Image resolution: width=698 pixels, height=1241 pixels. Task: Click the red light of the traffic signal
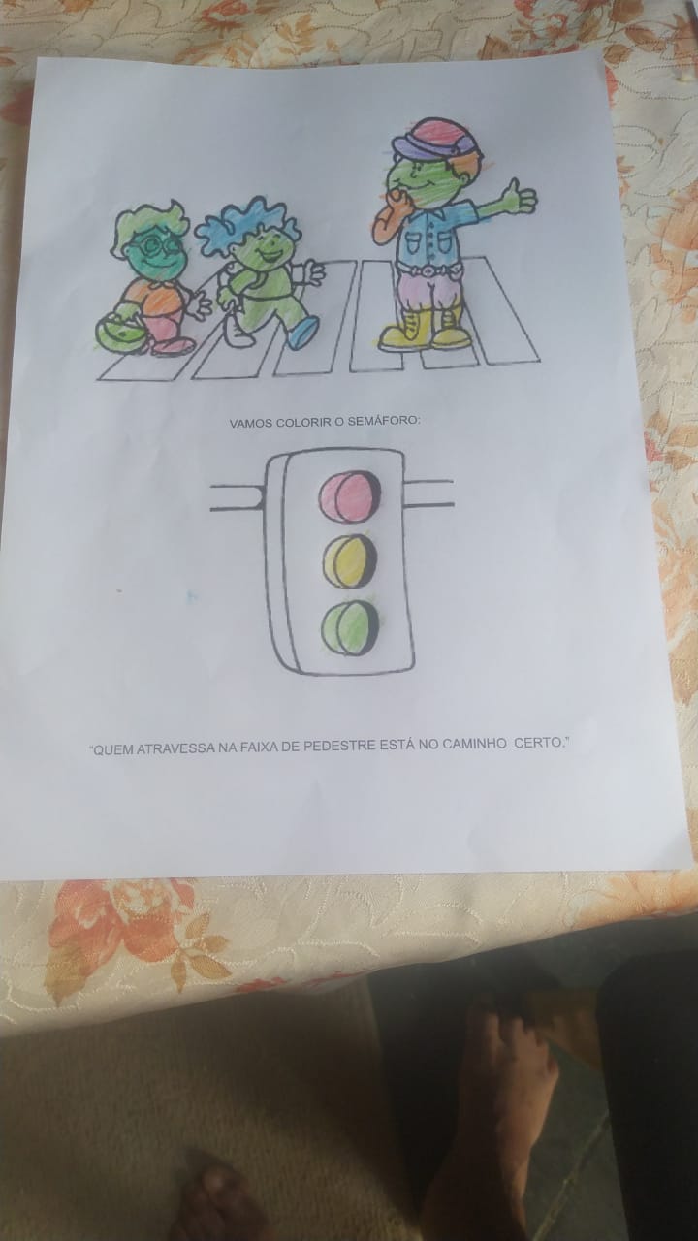click(350, 496)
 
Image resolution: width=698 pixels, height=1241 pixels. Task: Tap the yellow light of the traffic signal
click(350, 561)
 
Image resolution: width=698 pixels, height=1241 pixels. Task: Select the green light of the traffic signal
click(350, 629)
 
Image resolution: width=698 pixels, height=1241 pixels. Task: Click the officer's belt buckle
click(428, 271)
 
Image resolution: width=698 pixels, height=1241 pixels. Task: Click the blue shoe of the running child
click(303, 332)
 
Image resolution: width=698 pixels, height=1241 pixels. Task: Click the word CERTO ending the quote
click(541, 743)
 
